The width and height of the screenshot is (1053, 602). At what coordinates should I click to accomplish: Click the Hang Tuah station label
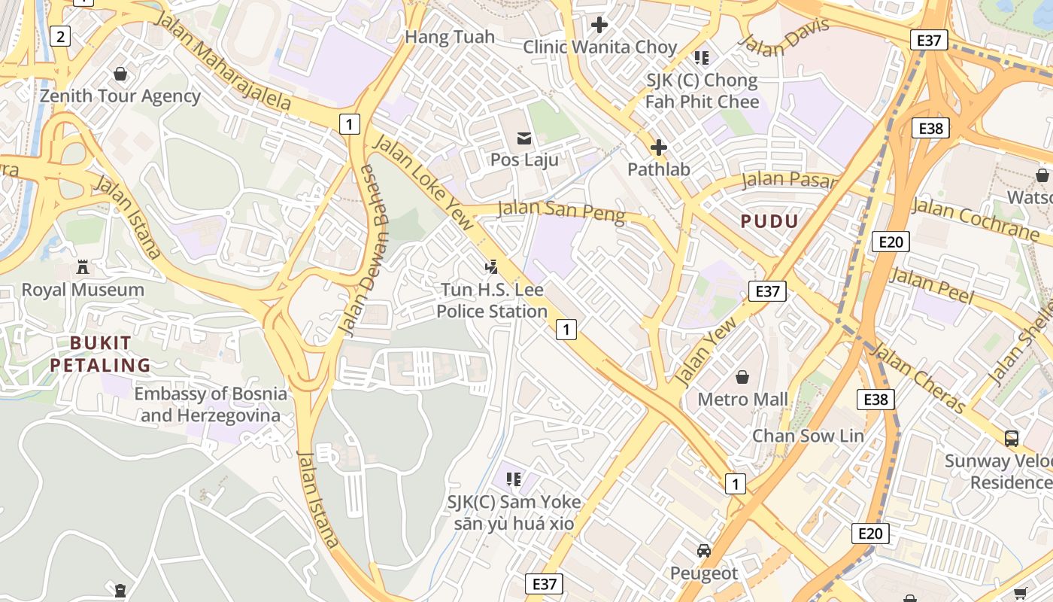450,37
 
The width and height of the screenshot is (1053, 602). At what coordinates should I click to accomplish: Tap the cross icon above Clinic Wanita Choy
599,25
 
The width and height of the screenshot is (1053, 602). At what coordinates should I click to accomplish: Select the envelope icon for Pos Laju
524,138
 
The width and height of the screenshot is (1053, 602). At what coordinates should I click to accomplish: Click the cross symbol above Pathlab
659,147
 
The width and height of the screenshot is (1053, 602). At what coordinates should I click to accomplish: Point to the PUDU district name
769,221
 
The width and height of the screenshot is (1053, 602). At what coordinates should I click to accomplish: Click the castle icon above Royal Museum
83,267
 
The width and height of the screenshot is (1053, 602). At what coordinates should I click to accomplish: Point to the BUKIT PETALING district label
111,354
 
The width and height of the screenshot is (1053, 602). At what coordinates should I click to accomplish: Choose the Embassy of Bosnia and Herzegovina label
211,404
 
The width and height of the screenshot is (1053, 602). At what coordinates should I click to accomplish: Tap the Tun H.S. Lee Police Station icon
492,266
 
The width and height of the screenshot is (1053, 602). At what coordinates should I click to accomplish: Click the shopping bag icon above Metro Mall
742,376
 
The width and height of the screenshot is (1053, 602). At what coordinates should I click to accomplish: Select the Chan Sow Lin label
809,436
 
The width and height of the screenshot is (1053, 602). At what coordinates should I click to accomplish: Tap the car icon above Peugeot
704,550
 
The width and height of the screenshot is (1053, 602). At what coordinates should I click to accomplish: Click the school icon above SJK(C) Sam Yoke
514,479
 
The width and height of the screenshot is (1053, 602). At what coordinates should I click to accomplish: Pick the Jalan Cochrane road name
974,218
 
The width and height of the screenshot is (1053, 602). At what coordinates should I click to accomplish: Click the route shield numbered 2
60,35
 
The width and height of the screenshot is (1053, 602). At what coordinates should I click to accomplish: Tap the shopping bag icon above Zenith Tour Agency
120,74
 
